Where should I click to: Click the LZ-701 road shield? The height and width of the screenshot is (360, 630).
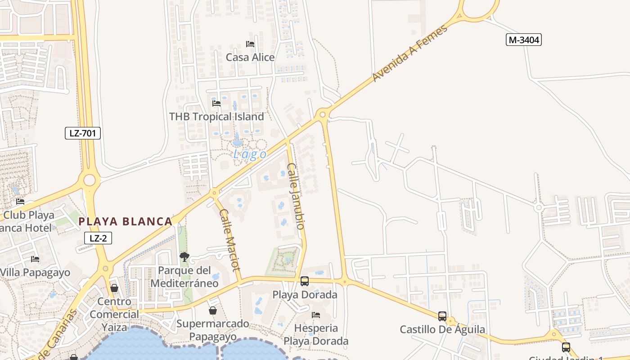(x=82, y=133)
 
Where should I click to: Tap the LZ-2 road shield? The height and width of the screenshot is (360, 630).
(x=98, y=238)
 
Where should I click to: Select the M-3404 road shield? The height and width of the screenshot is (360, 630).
(x=523, y=40)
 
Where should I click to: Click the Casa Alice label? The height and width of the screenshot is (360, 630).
(x=250, y=57)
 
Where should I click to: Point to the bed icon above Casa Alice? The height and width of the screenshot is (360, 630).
(x=250, y=44)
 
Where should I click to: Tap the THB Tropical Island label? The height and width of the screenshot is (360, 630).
(x=216, y=117)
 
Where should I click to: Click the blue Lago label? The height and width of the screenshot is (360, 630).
(x=250, y=154)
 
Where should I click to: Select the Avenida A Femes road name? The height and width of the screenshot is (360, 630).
(x=410, y=53)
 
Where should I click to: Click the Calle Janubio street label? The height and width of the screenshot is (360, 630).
(x=296, y=196)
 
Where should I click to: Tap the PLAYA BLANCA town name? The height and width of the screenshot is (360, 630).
(x=126, y=221)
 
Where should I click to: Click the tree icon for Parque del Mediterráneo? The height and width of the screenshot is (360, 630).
(x=184, y=257)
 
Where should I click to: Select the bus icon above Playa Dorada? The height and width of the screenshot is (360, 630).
(x=305, y=281)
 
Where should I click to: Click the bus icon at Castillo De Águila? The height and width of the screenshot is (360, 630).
(x=442, y=316)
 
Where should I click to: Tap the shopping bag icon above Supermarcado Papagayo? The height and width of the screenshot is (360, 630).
(x=213, y=310)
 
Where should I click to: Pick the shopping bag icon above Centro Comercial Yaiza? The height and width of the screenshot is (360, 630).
(x=114, y=288)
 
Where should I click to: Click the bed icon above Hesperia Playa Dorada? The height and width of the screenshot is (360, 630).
(x=316, y=315)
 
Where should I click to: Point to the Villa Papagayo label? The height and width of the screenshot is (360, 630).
(x=35, y=273)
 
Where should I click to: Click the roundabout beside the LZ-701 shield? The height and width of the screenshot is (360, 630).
(x=90, y=180)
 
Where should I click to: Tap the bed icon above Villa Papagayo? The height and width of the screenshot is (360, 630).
(x=35, y=259)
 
